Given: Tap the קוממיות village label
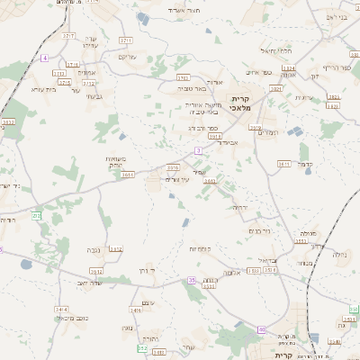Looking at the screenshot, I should [x=199, y=247].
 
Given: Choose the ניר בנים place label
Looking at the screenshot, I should [x=258, y=231].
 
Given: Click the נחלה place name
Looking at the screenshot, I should [x=338, y=255].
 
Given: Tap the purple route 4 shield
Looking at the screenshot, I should [x=44, y=58].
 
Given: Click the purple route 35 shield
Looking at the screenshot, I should [x=191, y=281].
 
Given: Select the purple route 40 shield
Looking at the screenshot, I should [x=260, y=330].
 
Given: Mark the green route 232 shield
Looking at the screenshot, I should [x=36, y=214].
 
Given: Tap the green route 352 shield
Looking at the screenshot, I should [x=142, y=347].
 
